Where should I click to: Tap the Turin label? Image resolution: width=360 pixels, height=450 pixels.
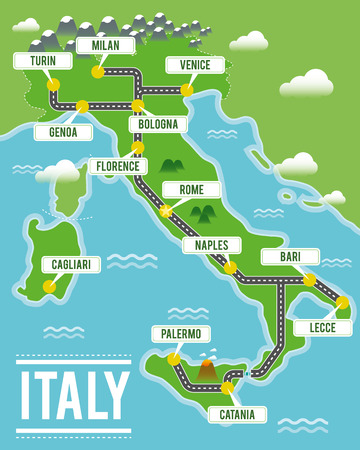coord(43,61)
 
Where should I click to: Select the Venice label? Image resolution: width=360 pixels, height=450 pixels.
coord(188,65)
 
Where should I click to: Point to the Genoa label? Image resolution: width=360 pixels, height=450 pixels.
coord(56,131)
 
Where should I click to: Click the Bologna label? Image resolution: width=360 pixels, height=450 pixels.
coord(158,124)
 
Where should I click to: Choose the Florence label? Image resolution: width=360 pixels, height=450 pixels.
coord(118,166)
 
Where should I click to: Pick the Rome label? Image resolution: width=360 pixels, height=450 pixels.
coord(192,189)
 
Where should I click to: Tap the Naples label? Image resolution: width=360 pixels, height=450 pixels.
coord(212,245)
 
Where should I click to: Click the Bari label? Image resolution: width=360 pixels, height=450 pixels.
coord(290,257)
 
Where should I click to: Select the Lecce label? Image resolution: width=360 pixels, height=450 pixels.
coord(322,327)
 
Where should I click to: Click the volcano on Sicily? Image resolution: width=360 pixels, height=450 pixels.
coord(207,369)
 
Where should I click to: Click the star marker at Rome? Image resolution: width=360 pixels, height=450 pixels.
coord(166,211)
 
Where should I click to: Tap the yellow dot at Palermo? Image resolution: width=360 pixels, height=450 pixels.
coord(173,357)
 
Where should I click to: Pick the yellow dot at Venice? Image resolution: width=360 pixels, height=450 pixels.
coord(186,90)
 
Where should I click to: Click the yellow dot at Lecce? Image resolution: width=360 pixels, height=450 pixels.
coord(342,302)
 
